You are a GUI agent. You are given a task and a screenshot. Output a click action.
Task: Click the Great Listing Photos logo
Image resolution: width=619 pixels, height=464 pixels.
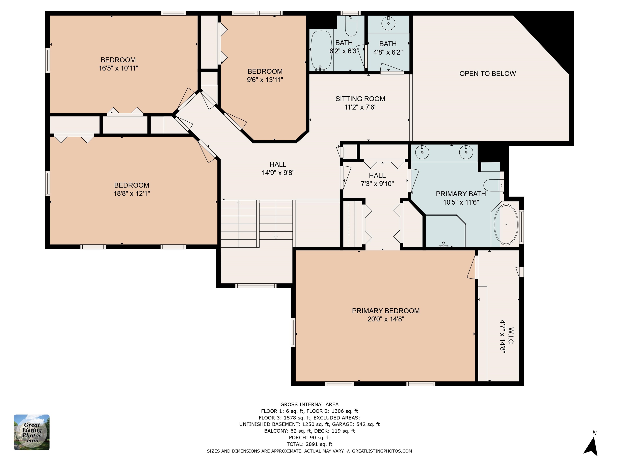(x=32, y=432)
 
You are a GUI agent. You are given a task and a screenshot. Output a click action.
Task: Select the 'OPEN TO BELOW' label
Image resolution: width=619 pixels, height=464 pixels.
(x=487, y=74)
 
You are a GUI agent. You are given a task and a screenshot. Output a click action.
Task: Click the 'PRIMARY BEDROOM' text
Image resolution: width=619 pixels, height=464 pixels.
(x=386, y=311)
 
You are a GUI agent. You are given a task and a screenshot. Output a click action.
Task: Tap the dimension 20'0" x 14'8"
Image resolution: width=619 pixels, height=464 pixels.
(x=386, y=319)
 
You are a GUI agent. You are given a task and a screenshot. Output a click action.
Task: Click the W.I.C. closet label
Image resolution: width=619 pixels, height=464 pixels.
(x=511, y=336)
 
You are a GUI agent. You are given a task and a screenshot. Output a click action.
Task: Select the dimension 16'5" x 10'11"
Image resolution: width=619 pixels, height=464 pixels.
(x=118, y=68)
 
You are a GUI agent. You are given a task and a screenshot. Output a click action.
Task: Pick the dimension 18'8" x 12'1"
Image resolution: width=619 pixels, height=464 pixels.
(x=132, y=194)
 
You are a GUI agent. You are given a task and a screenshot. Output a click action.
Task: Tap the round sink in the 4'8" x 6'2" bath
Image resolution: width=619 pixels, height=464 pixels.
(x=388, y=23)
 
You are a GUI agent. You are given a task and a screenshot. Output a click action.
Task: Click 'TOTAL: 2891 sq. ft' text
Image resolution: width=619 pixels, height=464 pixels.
(x=309, y=444)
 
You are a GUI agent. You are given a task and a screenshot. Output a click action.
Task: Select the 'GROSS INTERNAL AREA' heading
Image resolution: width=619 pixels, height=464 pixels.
(x=309, y=404)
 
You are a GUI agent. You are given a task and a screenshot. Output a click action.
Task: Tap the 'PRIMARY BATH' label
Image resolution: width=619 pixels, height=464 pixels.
(x=461, y=194)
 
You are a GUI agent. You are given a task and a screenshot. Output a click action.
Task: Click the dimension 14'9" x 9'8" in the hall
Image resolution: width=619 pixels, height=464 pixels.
(x=278, y=173)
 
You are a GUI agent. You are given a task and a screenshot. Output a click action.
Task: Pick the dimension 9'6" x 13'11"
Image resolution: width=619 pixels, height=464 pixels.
(x=265, y=80)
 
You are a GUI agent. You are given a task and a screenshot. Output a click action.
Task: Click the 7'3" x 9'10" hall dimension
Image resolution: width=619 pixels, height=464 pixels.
(x=377, y=184)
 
